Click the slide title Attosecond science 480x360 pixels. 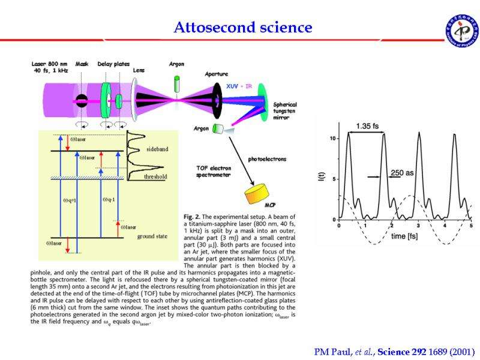pos(243,28)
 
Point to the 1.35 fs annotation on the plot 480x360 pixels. pos(367,126)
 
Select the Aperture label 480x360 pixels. pos(217,74)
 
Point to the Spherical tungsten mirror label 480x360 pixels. pos(286,111)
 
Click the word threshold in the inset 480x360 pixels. pos(155,177)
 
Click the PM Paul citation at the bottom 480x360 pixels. pos(394,351)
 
